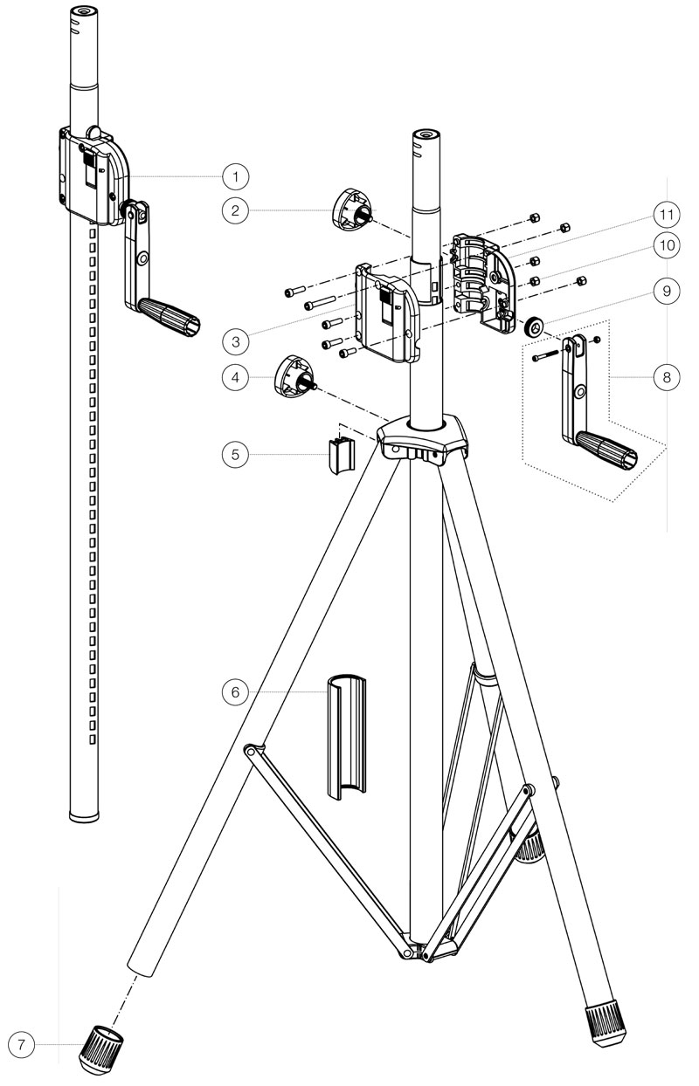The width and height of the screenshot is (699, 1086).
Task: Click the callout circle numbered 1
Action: (x=233, y=176)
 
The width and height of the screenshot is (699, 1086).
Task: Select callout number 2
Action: (x=233, y=210)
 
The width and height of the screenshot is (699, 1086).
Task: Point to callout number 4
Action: (x=233, y=377)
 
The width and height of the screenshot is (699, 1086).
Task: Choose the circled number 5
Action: (x=233, y=454)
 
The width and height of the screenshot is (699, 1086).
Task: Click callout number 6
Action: (x=233, y=691)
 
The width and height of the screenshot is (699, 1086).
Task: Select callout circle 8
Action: (x=666, y=377)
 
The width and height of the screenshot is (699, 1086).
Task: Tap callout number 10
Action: (x=666, y=246)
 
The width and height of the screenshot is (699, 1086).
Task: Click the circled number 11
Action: (x=666, y=213)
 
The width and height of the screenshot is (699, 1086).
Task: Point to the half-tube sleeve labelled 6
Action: (x=347, y=733)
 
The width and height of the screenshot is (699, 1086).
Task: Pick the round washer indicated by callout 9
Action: (x=534, y=327)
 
